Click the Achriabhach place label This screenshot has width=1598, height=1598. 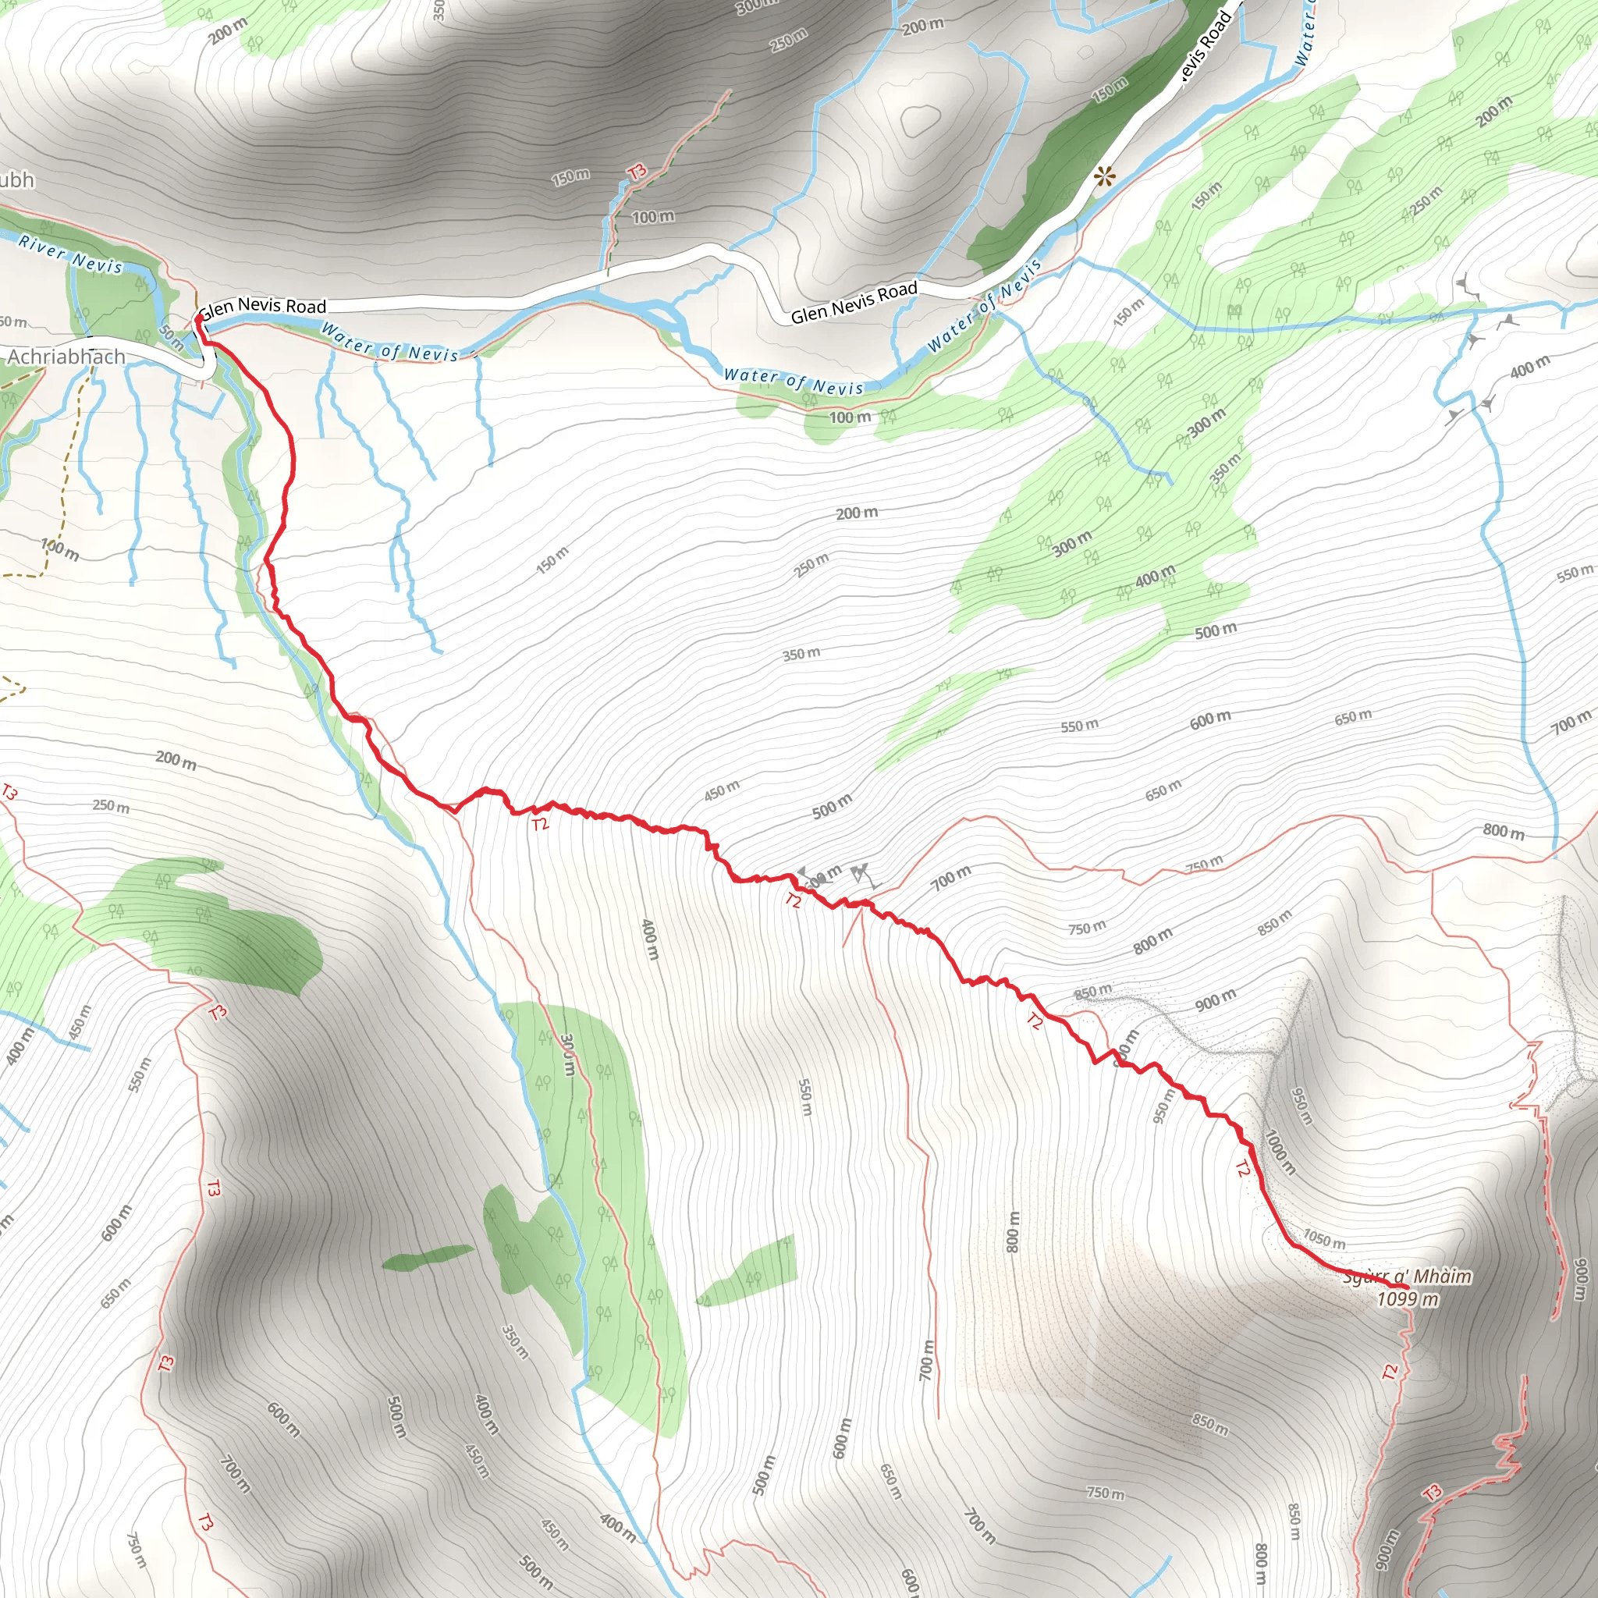[x=66, y=357]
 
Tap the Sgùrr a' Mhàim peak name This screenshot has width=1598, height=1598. [x=1407, y=1277]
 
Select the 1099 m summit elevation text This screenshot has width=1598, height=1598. [x=1407, y=1298]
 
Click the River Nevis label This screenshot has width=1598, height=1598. [x=70, y=253]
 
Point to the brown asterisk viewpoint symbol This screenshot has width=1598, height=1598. [x=1104, y=176]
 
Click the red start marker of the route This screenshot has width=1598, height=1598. [x=198, y=318]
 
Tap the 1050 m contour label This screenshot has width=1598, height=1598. [x=1324, y=1238]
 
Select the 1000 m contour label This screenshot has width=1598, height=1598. [x=1279, y=1152]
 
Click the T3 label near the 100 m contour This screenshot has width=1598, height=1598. [x=636, y=172]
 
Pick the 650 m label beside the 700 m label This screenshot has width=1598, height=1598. [x=1352, y=717]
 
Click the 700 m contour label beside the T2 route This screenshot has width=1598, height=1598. [x=950, y=878]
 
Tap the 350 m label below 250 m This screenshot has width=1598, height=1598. [x=801, y=654]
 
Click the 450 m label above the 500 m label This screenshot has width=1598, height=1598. [x=721, y=790]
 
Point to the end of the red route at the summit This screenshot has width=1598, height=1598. [x=1408, y=1287]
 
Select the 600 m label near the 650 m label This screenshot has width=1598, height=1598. [x=1210, y=719]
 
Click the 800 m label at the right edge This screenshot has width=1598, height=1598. [x=1503, y=831]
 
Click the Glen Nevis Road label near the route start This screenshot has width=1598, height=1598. [x=263, y=306]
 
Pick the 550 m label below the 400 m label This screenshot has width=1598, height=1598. [x=804, y=1097]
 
